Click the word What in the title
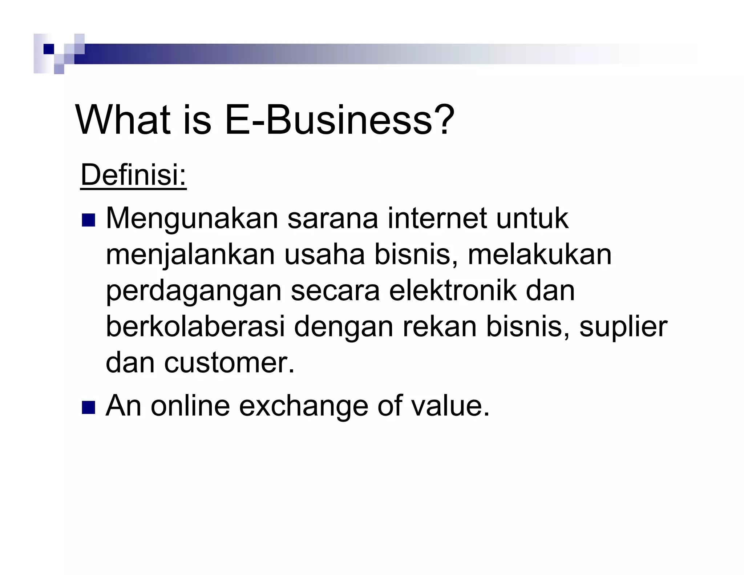click(x=123, y=120)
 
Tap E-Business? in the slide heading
click(x=339, y=120)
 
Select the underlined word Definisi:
click(x=133, y=175)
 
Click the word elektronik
click(x=453, y=291)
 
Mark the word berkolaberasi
click(x=195, y=327)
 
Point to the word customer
click(x=229, y=363)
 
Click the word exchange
click(x=303, y=406)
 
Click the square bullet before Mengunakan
click(x=88, y=220)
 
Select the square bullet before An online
click(x=88, y=407)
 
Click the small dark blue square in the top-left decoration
click(x=48, y=49)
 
